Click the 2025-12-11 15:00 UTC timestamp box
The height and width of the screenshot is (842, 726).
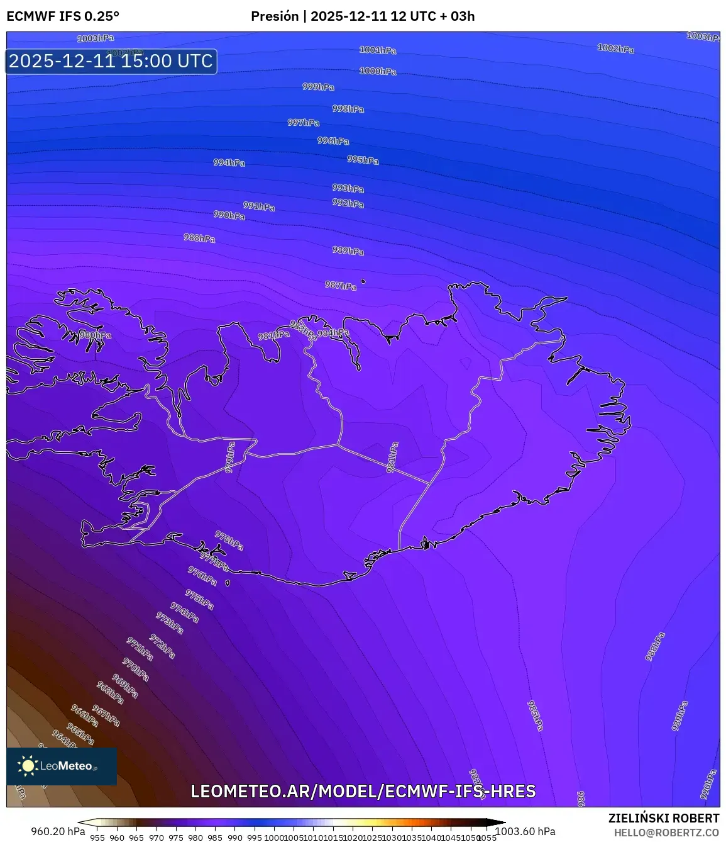(x=111, y=62)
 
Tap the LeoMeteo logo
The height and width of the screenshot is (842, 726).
(x=62, y=766)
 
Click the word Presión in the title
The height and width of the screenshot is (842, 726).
(x=275, y=16)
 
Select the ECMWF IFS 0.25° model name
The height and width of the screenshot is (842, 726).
(x=63, y=16)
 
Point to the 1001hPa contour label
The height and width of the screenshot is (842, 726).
(x=378, y=50)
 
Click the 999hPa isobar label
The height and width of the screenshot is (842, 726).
(x=318, y=87)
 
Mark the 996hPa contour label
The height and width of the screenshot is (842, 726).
(x=333, y=141)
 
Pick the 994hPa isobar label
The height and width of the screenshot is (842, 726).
(x=229, y=162)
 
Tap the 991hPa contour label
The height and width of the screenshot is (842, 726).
(x=259, y=206)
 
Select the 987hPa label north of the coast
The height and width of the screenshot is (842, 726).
(x=340, y=286)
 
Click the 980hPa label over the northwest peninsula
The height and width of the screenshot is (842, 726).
(x=96, y=335)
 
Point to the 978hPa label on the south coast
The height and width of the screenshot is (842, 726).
(x=229, y=540)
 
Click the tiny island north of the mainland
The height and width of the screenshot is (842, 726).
(x=363, y=281)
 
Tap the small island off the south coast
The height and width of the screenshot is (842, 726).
(x=228, y=583)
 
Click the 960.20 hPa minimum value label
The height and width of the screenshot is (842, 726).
(x=58, y=831)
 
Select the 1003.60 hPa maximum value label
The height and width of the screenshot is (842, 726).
(x=525, y=831)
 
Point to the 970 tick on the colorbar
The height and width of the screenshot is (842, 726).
(x=156, y=838)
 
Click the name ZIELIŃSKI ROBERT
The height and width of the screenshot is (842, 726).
(x=664, y=818)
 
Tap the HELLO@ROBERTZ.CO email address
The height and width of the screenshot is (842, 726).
(x=666, y=833)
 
